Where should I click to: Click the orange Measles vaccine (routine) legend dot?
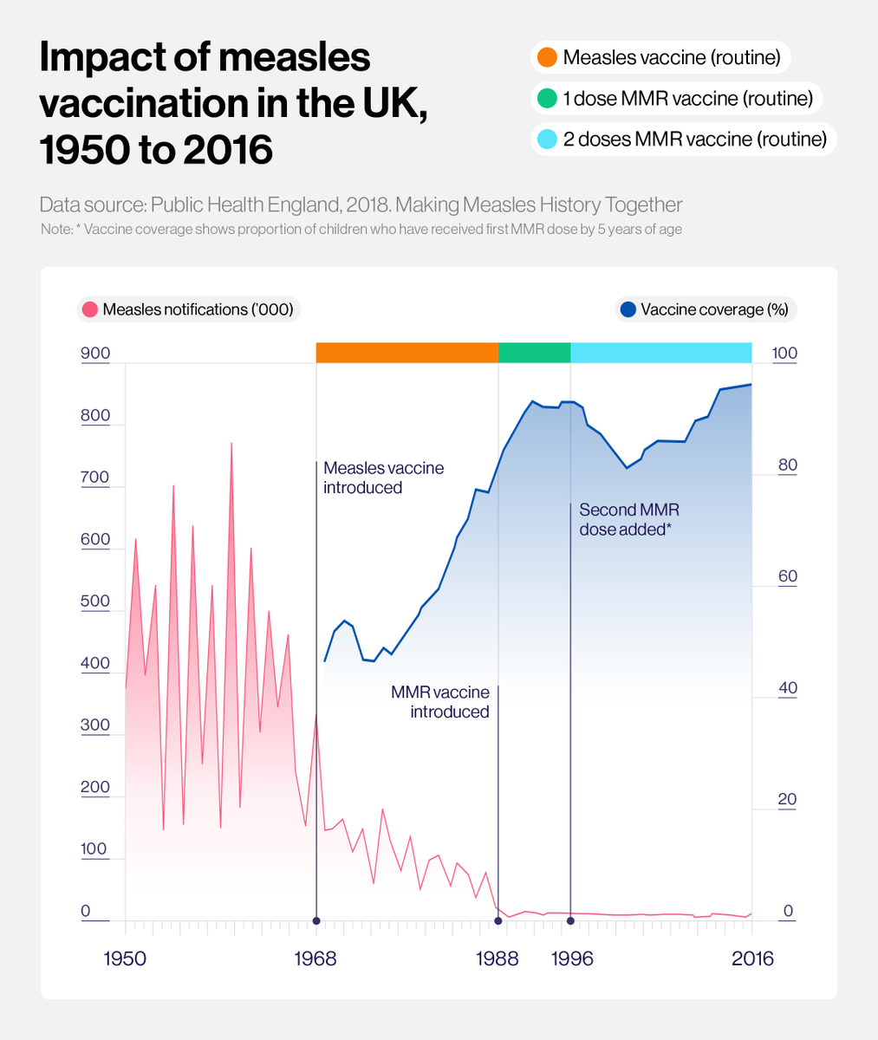(546, 58)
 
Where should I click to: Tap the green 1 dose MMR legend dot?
(546, 98)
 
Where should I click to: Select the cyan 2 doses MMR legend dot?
(546, 139)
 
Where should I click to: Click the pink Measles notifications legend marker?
(89, 309)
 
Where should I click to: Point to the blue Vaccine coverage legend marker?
(628, 309)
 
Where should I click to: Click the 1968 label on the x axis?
(316, 959)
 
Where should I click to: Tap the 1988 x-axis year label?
(498, 959)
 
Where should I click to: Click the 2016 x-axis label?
(751, 959)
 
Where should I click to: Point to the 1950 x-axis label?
(126, 959)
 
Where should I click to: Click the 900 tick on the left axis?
(95, 354)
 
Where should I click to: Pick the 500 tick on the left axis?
(95, 601)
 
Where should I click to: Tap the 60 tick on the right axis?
(786, 576)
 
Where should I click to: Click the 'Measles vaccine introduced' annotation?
(383, 478)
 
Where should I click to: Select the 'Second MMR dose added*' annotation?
(628, 519)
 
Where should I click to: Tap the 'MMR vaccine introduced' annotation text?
(440, 702)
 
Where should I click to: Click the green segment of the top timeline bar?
(534, 353)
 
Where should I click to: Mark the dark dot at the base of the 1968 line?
(316, 920)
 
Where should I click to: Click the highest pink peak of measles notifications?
(231, 445)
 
